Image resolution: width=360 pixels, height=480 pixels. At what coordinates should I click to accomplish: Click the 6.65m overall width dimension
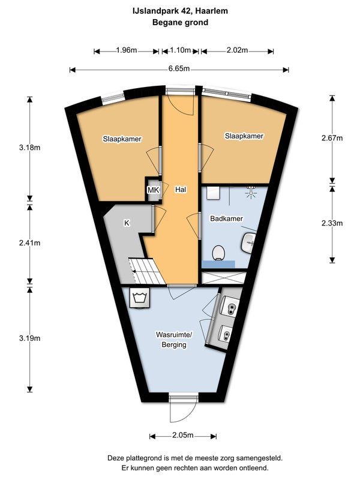pos(179,69)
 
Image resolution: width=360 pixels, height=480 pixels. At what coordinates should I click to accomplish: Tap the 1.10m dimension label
pos(181,50)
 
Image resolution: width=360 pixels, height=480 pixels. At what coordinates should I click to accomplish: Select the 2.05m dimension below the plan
pos(183,436)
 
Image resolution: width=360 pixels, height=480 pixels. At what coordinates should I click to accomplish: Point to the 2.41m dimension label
pos(29,243)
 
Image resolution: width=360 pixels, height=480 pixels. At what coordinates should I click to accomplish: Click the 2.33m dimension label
pos(332,223)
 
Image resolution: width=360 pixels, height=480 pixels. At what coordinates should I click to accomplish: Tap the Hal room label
pos(181,190)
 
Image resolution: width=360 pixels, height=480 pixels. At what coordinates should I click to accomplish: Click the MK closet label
pos(154,190)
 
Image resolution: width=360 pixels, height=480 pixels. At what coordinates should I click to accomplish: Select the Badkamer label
pos(227,218)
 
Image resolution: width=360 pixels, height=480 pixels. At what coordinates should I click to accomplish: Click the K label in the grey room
pos(127,223)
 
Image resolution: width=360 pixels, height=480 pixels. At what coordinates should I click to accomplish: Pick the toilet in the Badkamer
pos(218,253)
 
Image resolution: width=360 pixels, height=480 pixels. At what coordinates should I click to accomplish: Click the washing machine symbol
pos(140,298)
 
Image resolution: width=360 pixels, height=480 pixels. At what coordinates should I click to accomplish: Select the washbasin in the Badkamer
pos(248,243)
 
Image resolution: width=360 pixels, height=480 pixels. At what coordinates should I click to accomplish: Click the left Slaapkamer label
pos(122,139)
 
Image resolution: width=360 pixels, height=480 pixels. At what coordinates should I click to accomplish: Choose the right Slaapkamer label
pos(244,136)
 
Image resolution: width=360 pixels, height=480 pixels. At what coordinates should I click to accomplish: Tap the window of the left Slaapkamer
pos(113,97)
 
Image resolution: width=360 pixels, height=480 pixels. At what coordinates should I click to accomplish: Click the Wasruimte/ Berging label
pos(174,340)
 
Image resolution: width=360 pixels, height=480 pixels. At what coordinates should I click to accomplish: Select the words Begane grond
pos(181,22)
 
